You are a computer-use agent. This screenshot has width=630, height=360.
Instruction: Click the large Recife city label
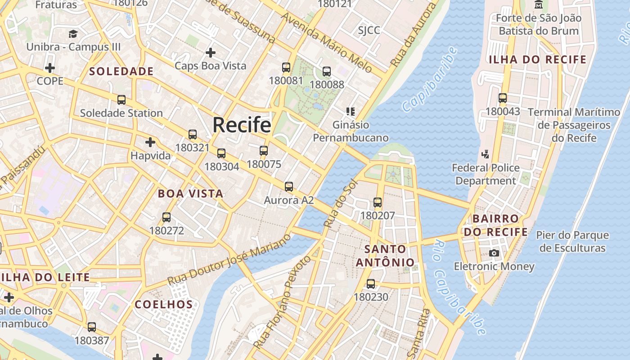pyautogui.click(x=242, y=125)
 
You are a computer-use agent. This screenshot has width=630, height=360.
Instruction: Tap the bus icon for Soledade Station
pyautogui.click(x=121, y=100)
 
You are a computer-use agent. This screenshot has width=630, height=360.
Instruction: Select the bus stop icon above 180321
pyautogui.click(x=193, y=134)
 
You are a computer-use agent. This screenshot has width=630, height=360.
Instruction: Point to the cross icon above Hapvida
pyautogui.click(x=150, y=143)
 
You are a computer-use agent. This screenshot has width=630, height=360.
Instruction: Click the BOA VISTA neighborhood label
pyautogui.click(x=190, y=194)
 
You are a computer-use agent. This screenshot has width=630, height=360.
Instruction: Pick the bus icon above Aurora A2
pyautogui.click(x=289, y=186)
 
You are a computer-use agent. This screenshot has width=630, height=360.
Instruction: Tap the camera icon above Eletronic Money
pyautogui.click(x=494, y=253)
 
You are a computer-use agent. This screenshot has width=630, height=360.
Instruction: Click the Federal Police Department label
pyautogui.click(x=486, y=174)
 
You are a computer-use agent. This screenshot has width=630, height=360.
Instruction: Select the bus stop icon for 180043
pyautogui.click(x=503, y=98)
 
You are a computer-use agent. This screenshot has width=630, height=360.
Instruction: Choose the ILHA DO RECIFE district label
pyautogui.click(x=538, y=59)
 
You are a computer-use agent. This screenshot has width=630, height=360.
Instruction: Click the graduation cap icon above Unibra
pyautogui.click(x=73, y=34)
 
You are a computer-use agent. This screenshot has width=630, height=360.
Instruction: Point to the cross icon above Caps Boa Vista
pyautogui.click(x=210, y=53)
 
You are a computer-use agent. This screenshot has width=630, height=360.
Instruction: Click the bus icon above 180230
pyautogui.click(x=371, y=284)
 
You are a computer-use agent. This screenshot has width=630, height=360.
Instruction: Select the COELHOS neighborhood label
pyautogui.click(x=164, y=305)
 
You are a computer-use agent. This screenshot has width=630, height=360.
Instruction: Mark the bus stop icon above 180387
pyautogui.click(x=92, y=327)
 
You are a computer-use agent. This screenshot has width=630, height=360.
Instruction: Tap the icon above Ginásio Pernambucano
pyautogui.click(x=351, y=111)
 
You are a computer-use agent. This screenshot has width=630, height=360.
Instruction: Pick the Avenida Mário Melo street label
pyautogui.click(x=327, y=43)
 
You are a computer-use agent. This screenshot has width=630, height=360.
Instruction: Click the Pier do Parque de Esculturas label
pyautogui.click(x=572, y=242)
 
